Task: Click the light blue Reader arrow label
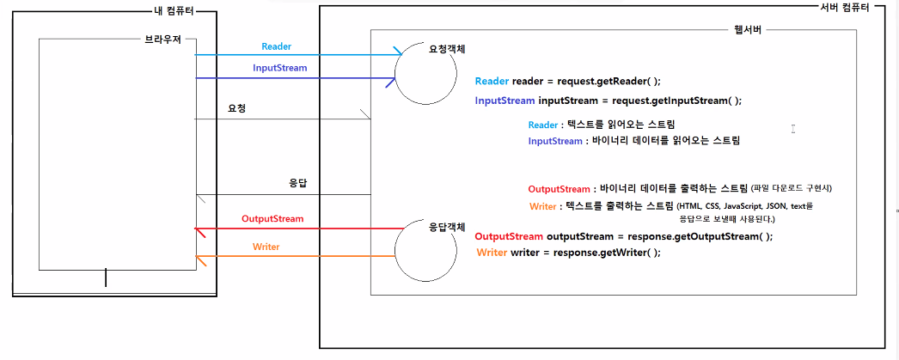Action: [277, 46]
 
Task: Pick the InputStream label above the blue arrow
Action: [279, 68]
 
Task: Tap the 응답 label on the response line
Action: [298, 184]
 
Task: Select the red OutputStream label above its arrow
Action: [272, 219]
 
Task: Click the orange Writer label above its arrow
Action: [266, 247]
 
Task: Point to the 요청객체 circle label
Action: [448, 50]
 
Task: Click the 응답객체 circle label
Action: [447, 228]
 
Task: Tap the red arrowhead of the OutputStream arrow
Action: [199, 230]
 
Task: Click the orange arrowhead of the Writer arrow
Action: [199, 258]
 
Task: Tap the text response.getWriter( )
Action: [607, 253]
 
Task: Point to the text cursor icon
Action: [793, 129]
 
